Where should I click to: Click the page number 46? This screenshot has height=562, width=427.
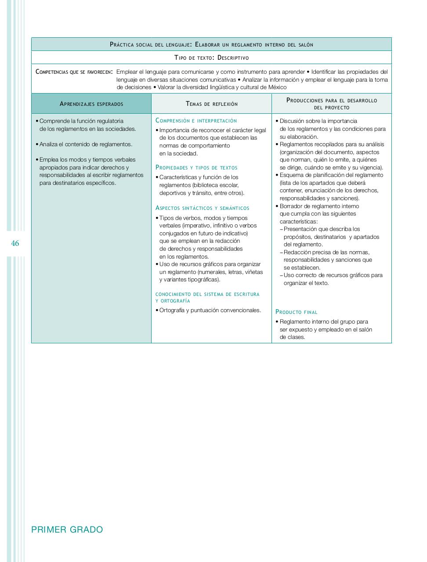tap(15, 243)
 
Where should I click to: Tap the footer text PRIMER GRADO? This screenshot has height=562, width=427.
tap(67, 530)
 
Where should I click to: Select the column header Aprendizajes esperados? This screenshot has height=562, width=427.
tap(91, 104)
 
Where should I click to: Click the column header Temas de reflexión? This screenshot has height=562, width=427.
tap(212, 104)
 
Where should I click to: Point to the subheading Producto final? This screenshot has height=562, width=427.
tap(297, 312)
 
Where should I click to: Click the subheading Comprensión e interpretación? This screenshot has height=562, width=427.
tap(196, 121)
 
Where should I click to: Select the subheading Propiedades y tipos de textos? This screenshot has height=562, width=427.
tap(196, 168)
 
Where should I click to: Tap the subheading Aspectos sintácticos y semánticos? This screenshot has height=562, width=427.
tap(202, 208)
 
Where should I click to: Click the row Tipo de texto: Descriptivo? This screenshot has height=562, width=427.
tap(211, 58)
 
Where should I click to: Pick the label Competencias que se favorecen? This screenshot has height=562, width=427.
tap(74, 72)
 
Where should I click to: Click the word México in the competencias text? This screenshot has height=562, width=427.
tap(277, 87)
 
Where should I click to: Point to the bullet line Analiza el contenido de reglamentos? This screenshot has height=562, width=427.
tap(86, 144)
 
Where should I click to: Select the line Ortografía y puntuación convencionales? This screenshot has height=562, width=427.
tap(210, 310)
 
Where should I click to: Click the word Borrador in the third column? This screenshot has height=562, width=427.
tap(292, 206)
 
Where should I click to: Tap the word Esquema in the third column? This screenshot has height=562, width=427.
tap(291, 175)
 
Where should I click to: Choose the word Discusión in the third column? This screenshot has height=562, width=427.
tap(293, 121)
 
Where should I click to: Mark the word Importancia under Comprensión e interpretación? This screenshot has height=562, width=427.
tap(175, 130)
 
